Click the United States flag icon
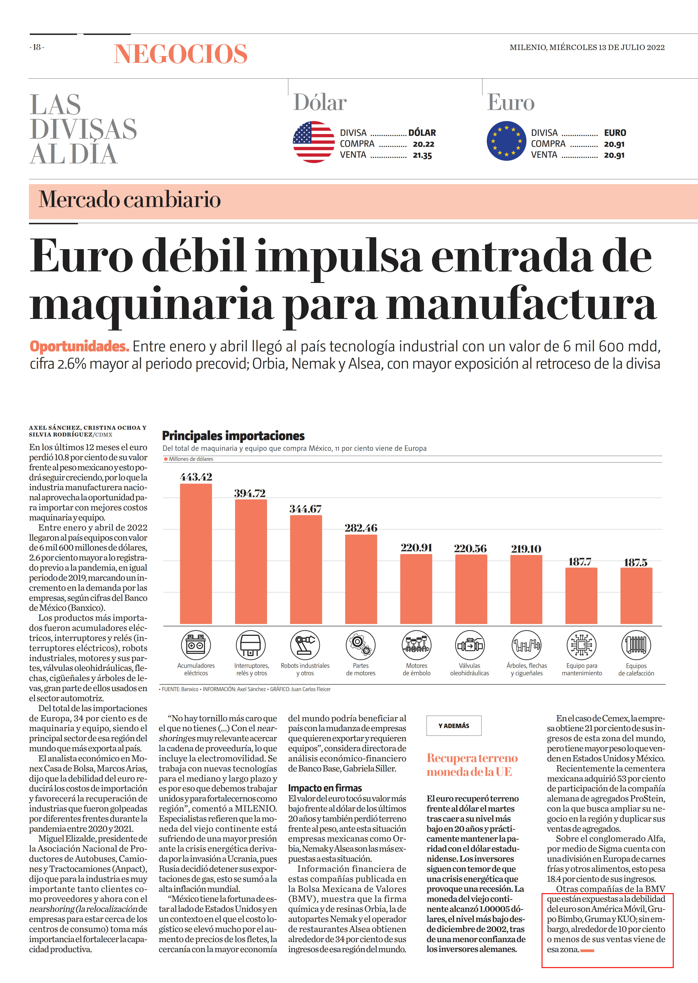click(314, 142)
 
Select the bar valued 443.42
click(196, 554)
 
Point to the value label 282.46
click(361, 528)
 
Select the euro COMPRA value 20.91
click(614, 144)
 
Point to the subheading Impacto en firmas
click(325, 788)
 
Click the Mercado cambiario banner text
click(130, 200)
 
